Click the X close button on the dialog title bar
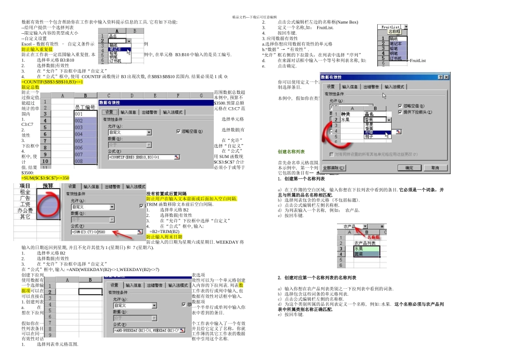pyautogui.click(x=446, y=77)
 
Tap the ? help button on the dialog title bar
pyautogui.click(x=440, y=77)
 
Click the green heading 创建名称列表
pyautogui.click(x=291, y=152)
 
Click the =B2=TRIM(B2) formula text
pyautogui.click(x=164, y=231)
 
